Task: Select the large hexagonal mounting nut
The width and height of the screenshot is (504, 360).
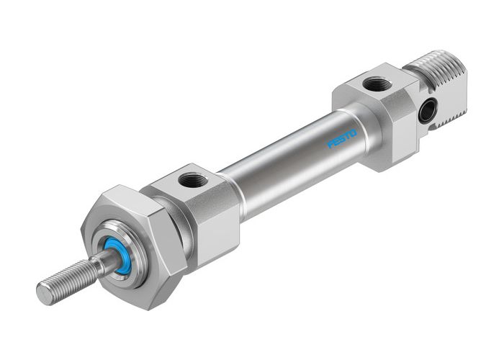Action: point(138,245)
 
